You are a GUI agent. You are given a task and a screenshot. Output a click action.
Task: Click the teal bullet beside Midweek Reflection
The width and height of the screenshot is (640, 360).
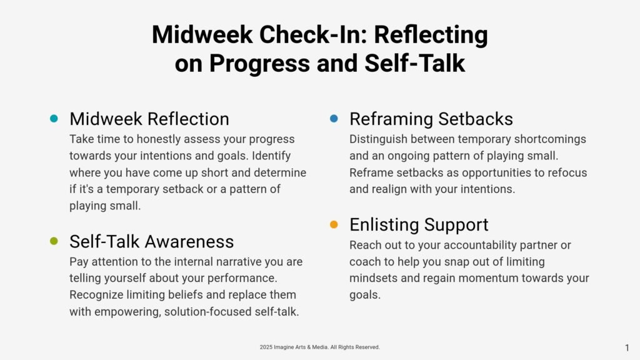click(x=54, y=119)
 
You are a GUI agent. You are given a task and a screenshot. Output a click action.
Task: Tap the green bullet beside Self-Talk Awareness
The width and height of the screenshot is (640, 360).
click(x=54, y=241)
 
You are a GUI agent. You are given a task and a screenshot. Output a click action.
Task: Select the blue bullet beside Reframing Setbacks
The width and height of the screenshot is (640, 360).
click(x=334, y=119)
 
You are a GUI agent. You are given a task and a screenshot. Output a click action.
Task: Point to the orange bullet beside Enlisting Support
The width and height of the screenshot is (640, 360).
click(x=334, y=224)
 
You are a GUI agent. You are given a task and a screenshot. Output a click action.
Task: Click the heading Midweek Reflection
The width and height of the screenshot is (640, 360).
click(x=149, y=119)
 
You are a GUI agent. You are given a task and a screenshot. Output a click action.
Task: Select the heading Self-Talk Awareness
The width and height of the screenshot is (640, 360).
click(x=151, y=242)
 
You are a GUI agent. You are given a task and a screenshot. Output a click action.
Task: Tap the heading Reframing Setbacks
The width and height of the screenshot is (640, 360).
click(x=431, y=119)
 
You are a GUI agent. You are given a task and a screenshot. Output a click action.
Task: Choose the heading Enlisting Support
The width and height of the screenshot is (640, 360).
click(x=419, y=225)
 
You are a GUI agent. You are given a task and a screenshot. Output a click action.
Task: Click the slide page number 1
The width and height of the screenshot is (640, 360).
click(x=627, y=347)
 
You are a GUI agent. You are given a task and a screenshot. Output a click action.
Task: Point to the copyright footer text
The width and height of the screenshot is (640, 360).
click(x=319, y=347)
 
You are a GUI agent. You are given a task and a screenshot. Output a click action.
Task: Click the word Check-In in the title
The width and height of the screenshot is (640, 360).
click(x=313, y=34)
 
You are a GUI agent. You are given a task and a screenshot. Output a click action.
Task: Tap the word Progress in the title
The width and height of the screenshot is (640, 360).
click(x=259, y=64)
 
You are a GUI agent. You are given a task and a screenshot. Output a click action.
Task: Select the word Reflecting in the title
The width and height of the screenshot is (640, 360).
click(x=431, y=35)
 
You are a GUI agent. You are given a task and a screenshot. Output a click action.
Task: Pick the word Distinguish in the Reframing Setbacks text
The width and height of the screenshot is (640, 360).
click(x=378, y=139)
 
